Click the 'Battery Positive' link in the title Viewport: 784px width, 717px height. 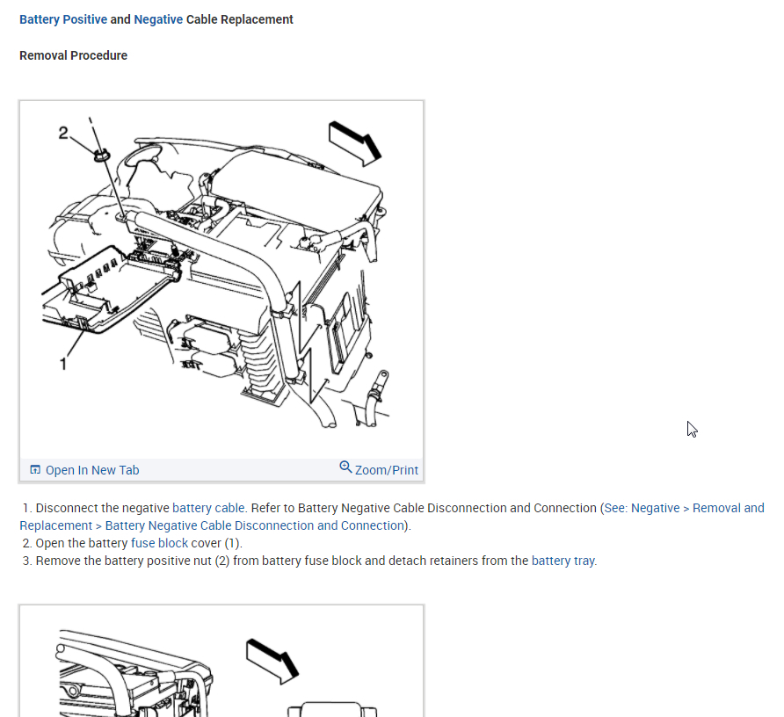[62, 19]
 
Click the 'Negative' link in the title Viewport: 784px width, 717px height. [158, 19]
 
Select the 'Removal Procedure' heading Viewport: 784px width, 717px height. [73, 55]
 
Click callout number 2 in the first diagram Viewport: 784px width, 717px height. [63, 133]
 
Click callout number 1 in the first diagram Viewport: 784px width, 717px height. [63, 363]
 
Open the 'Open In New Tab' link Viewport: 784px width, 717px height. [92, 470]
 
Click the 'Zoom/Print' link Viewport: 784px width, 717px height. [387, 470]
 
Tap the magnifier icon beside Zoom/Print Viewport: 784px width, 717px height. [345, 467]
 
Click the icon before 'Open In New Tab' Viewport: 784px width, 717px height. [35, 470]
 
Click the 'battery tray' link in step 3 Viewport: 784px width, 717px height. [563, 561]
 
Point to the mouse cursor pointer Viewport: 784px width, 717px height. [692, 429]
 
